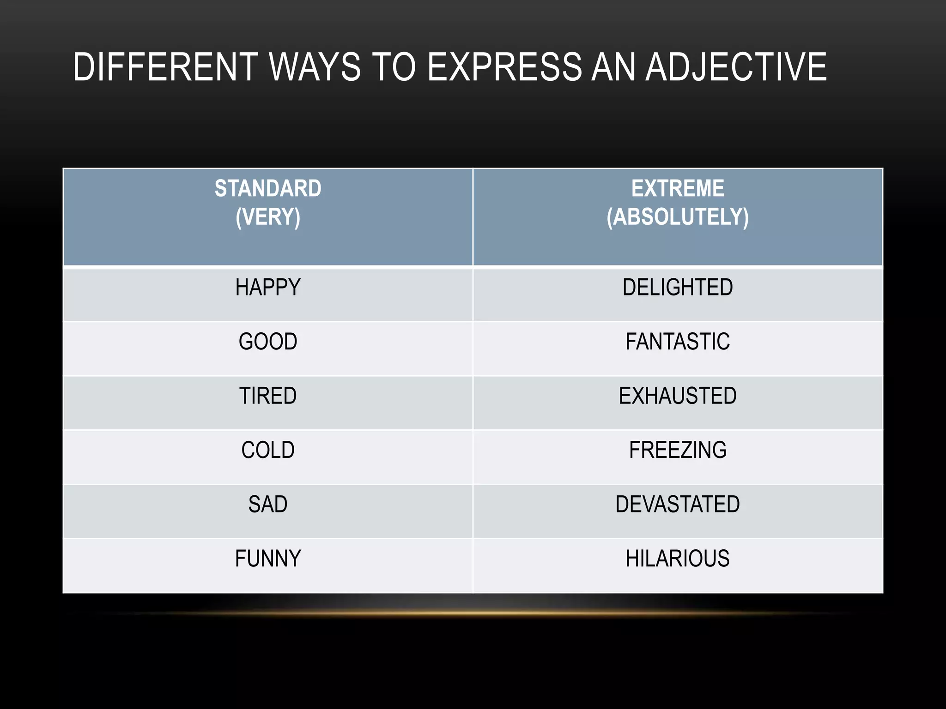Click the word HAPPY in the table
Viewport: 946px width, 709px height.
[x=268, y=288]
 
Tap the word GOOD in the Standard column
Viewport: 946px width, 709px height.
[x=268, y=342]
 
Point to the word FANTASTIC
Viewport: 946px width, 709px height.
[x=678, y=342]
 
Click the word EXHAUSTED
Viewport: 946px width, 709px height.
[x=678, y=396]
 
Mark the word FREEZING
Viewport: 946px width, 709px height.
[x=678, y=450]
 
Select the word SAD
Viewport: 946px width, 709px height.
[x=268, y=504]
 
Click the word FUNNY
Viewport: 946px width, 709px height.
[x=268, y=559]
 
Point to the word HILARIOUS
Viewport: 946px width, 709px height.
[x=678, y=559]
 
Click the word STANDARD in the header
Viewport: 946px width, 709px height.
[x=268, y=188]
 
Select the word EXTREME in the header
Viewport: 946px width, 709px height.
[x=678, y=188]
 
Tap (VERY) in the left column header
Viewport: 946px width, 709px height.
[x=268, y=217]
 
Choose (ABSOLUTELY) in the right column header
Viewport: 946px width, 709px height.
[x=678, y=217]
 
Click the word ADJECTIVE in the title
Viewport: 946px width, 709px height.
[x=736, y=67]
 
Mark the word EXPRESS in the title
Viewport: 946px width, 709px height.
[x=505, y=67]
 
